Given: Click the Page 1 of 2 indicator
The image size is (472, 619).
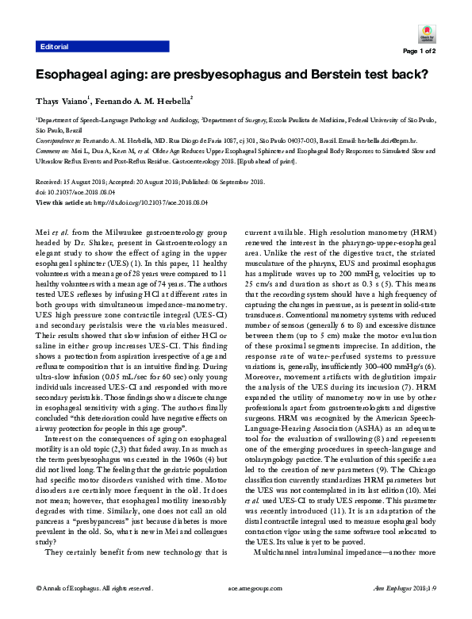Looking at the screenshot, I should [x=420, y=51].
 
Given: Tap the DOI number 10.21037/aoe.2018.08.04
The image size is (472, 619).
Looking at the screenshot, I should [x=86, y=192].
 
